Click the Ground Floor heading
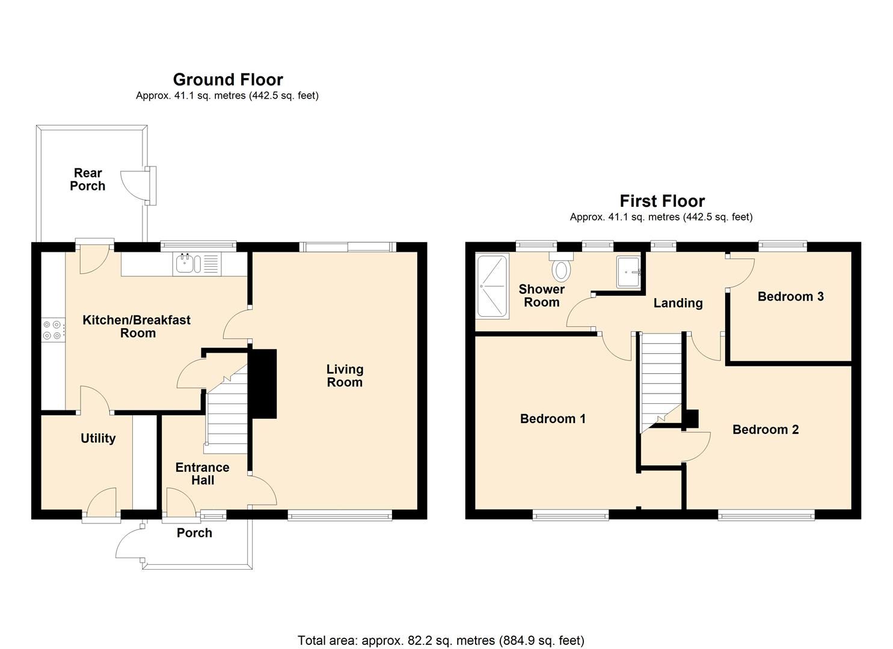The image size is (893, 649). click(x=228, y=79)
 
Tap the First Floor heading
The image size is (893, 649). click(x=662, y=201)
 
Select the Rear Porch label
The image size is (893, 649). click(x=88, y=180)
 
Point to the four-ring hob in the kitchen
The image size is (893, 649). click(x=52, y=330)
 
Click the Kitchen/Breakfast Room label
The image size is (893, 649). click(x=137, y=326)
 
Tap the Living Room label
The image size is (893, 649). click(x=345, y=376)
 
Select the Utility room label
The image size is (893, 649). click(x=98, y=439)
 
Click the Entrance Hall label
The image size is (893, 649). click(x=203, y=474)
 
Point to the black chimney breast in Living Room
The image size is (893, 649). click(x=263, y=383)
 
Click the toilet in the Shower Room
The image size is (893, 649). click(x=561, y=268)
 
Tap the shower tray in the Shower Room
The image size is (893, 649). click(x=492, y=285)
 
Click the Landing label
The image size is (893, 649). click(x=678, y=303)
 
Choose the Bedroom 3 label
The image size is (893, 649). click(x=790, y=296)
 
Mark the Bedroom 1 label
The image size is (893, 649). click(x=553, y=419)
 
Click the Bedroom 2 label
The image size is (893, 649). click(x=766, y=430)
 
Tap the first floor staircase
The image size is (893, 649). click(x=660, y=379)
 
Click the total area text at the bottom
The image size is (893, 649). click(x=441, y=641)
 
